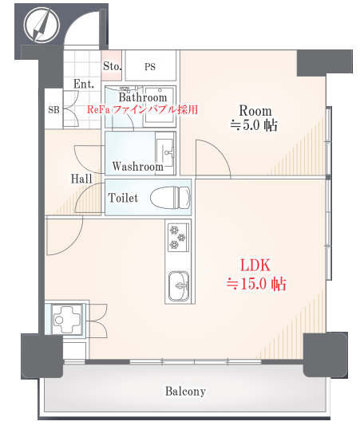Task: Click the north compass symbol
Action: click(42, 25)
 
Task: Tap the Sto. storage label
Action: click(112, 66)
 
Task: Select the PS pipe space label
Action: click(150, 67)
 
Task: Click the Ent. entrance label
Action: click(84, 84)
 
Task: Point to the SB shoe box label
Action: click(53, 110)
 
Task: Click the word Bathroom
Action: click(143, 97)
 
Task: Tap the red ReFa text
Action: click(98, 109)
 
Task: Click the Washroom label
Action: click(137, 167)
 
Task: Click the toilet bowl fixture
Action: click(170, 198)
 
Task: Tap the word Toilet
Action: click(123, 198)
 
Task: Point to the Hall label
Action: click(81, 179)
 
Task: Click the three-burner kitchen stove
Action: click(178, 237)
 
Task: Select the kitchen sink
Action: click(179, 286)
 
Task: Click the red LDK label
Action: click(255, 266)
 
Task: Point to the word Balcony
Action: click(185, 392)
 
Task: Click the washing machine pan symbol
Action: click(67, 320)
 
